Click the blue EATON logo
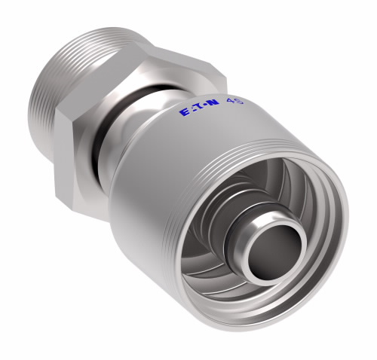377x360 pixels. [x=200, y=108]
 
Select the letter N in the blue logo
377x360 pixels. [x=213, y=103]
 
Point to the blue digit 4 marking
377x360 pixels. [x=230, y=101]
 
